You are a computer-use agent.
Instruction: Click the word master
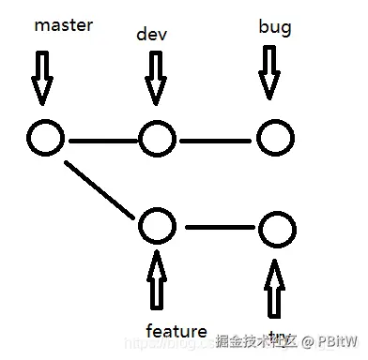tap(63, 25)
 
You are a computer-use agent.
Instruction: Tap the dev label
tap(152, 35)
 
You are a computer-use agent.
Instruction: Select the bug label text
tap(274, 27)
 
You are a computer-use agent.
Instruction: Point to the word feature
tap(176, 330)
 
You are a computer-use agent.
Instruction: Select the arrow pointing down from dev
tap(155, 77)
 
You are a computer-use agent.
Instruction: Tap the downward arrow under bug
tap(269, 72)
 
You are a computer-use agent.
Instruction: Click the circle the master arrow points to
tap(45, 139)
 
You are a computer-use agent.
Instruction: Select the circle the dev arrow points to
tap(157, 141)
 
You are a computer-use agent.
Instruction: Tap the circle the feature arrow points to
tap(157, 225)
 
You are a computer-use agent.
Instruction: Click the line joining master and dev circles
tap(101, 142)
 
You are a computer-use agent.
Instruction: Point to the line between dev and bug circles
tap(217, 142)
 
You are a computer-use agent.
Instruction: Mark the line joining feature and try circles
tap(218, 226)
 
